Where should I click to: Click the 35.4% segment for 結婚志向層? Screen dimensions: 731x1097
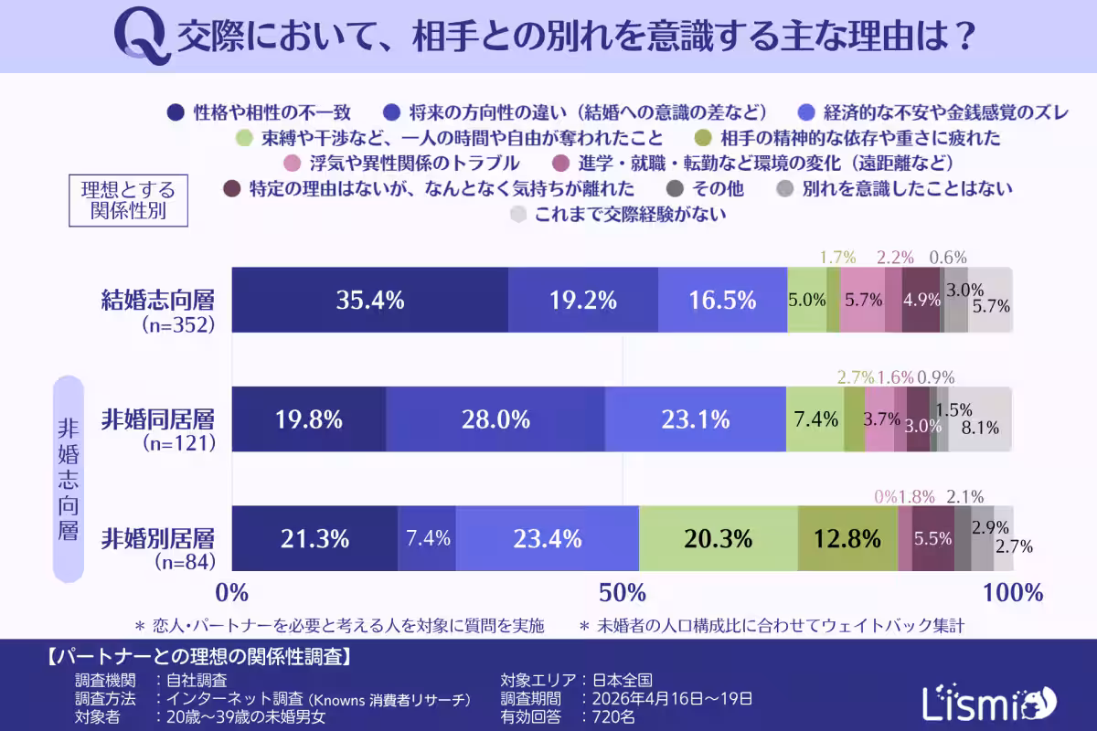click(x=370, y=300)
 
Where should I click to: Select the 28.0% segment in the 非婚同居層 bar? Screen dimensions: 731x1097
click(x=495, y=419)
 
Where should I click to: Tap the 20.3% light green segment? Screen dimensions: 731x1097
click(x=719, y=538)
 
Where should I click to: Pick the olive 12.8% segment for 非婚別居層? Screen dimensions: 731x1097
click(x=847, y=538)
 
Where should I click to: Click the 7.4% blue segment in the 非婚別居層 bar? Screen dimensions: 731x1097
click(x=427, y=538)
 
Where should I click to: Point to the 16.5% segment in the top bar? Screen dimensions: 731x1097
click(x=722, y=300)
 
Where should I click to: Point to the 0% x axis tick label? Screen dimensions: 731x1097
click(x=232, y=592)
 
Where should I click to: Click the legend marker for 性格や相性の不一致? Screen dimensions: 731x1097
click(x=177, y=113)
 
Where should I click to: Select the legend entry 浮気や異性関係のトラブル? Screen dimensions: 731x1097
click(x=401, y=164)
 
